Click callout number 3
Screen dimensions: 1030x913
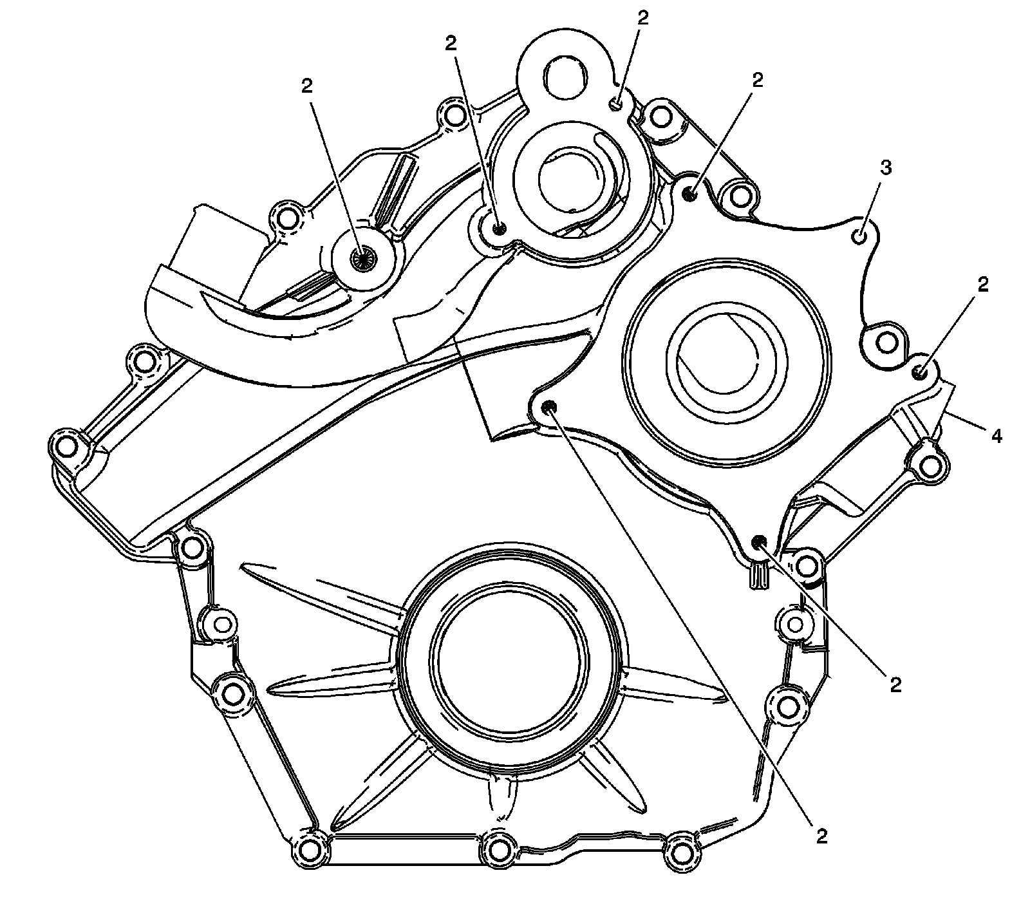(x=886, y=168)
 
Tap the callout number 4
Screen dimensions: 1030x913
(x=996, y=437)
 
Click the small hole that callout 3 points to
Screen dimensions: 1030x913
(x=859, y=237)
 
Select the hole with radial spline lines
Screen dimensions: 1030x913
(x=362, y=258)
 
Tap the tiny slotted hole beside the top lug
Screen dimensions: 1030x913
(x=616, y=104)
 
